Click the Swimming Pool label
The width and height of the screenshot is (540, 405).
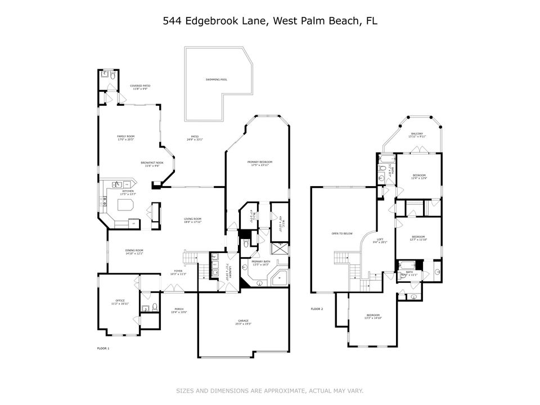(216, 79)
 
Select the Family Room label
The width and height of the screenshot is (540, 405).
(125, 137)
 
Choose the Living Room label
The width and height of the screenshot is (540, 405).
(192, 220)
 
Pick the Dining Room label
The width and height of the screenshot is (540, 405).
(134, 252)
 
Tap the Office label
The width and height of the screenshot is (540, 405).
(120, 302)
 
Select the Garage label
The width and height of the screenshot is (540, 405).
(244, 322)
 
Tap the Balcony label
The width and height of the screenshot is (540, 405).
(417, 134)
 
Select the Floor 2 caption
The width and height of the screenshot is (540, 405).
(317, 309)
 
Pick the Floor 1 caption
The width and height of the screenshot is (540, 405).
(103, 349)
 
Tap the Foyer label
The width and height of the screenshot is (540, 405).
(178, 272)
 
